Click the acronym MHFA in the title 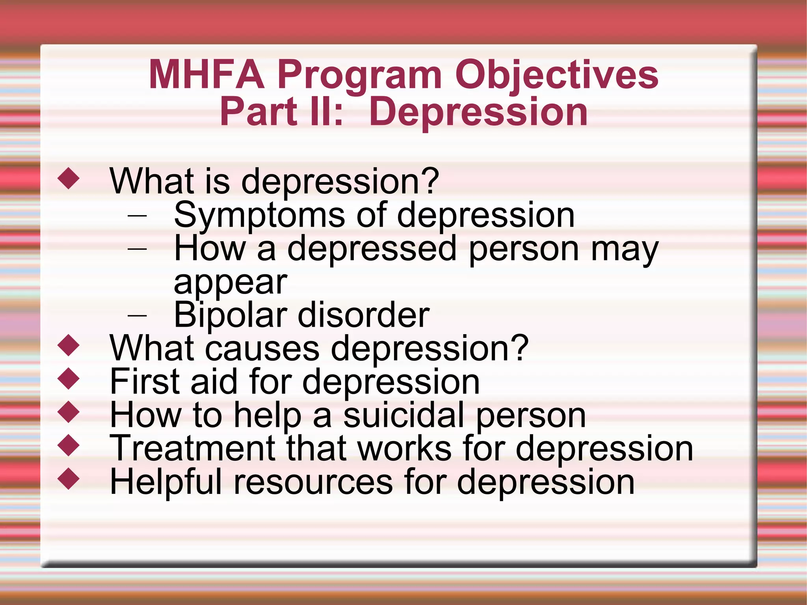pos(206,75)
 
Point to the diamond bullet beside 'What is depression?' pos(69,178)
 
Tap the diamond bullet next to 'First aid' pos(69,379)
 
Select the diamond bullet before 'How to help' pos(69,412)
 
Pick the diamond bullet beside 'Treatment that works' pos(69,445)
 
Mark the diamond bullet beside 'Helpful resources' pos(69,478)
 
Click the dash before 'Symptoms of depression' pos(137,216)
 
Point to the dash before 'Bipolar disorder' pos(137,315)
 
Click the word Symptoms pos(259,216)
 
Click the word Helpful pos(166,482)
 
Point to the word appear pos(231,283)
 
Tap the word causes pos(262,349)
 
